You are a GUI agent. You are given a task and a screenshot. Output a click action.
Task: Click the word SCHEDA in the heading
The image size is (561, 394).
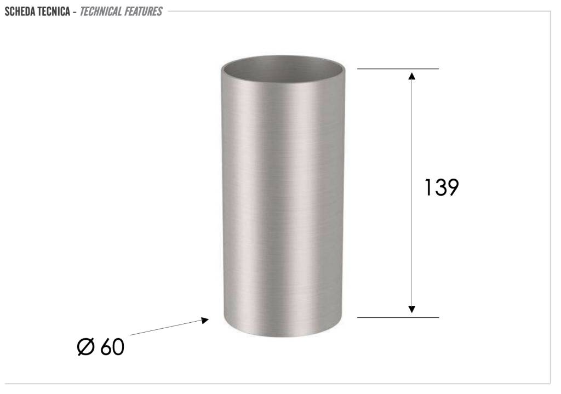[20, 12]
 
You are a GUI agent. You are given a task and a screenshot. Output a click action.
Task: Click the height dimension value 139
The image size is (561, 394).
[441, 187]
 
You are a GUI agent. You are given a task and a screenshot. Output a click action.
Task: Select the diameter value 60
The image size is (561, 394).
[112, 347]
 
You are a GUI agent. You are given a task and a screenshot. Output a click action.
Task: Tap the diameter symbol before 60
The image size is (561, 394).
[86, 347]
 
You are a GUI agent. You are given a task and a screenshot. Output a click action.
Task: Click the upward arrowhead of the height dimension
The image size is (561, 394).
[412, 76]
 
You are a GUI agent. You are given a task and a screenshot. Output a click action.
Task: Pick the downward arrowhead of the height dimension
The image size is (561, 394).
[412, 309]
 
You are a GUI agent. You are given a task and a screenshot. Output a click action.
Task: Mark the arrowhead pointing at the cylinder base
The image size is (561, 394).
[205, 320]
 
